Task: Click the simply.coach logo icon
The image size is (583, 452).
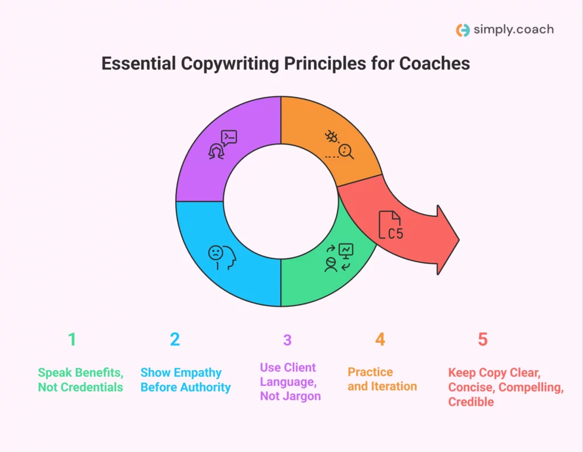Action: click(463, 30)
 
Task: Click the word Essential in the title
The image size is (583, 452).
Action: click(138, 63)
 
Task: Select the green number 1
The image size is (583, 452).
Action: click(72, 340)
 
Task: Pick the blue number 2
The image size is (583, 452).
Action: click(175, 340)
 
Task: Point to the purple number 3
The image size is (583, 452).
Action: click(288, 340)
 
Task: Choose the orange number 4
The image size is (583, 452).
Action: click(380, 340)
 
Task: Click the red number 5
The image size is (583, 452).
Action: click(483, 340)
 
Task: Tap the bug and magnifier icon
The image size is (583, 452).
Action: click(339, 145)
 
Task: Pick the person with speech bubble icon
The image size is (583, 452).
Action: click(223, 144)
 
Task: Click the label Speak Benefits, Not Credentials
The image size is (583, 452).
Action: click(80, 380)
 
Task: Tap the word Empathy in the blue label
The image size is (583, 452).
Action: click(198, 373)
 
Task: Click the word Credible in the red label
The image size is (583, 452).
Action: click(471, 402)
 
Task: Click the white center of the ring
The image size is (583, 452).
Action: click(280, 202)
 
